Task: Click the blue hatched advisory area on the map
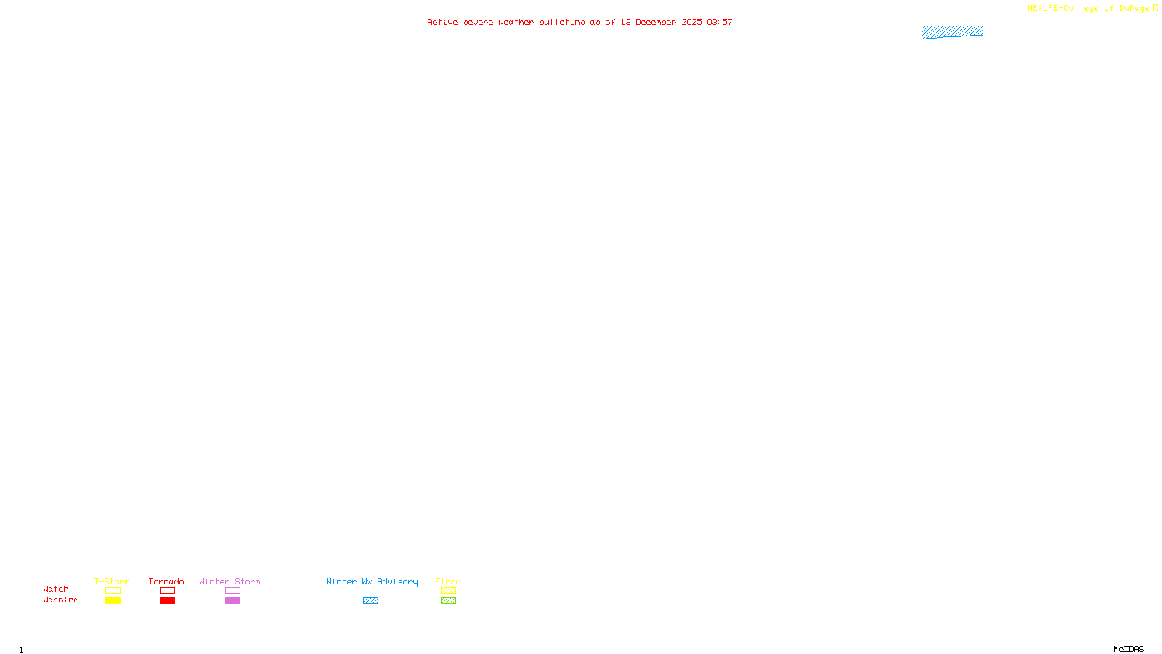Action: [952, 32]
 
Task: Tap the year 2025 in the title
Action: [691, 22]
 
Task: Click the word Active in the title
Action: [442, 22]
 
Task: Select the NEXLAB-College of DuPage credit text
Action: [1088, 8]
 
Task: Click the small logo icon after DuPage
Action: [1156, 8]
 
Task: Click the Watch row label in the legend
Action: [56, 589]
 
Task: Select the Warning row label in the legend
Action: [60, 600]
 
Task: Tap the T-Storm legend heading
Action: [112, 581]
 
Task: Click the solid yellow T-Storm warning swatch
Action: [113, 601]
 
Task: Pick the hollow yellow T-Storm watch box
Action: [113, 591]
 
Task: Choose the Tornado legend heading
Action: [166, 581]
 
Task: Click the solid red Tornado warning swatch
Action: [167, 601]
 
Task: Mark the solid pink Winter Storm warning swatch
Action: [232, 601]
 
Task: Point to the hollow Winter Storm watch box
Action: [232, 591]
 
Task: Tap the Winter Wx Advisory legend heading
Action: [372, 581]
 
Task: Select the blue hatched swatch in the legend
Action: [370, 601]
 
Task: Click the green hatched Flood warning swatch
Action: [448, 601]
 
